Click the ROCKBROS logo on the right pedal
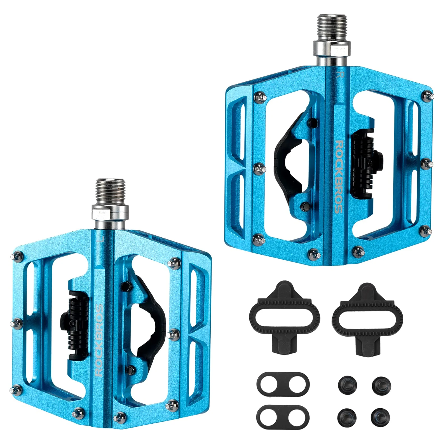(339, 177)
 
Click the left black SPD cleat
(284, 316)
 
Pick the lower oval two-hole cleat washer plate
(283, 414)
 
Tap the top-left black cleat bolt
(347, 384)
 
